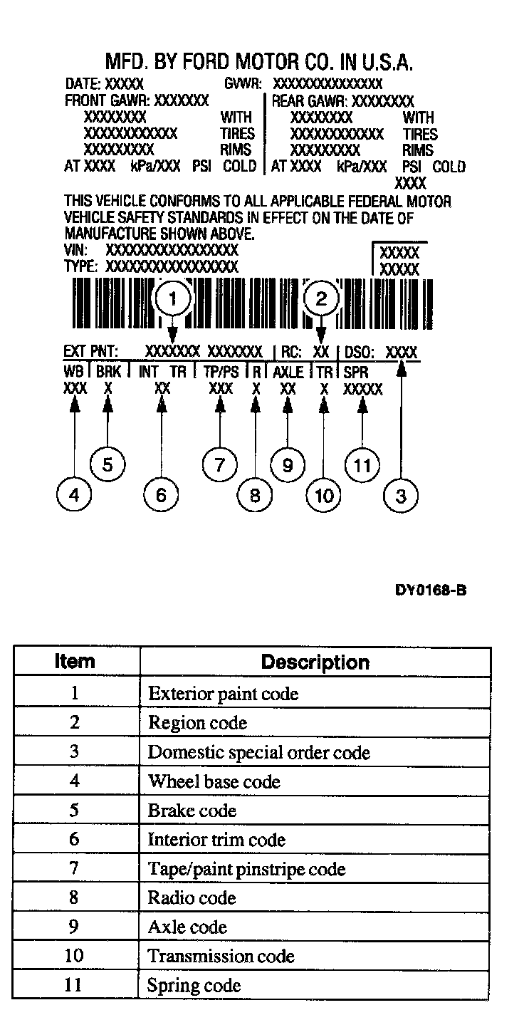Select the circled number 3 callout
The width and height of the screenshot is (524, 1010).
401,496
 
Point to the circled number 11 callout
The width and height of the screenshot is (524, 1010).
362,466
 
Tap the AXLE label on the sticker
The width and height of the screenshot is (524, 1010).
288,372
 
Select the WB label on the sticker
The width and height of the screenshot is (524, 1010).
73,372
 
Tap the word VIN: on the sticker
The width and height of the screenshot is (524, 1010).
75,251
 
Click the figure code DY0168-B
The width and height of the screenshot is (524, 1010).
431,590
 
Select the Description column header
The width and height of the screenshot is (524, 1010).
315,662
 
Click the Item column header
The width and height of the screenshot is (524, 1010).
75,662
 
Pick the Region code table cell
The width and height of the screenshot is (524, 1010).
197,723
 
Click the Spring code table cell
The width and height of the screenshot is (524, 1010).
194,986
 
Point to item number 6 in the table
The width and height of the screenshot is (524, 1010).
74,839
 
